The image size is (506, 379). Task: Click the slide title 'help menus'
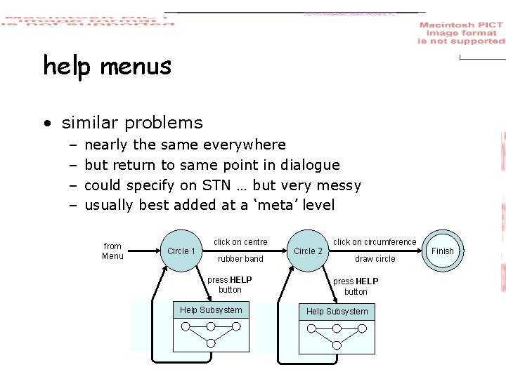coord(107,66)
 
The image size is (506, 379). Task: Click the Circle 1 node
coord(181,251)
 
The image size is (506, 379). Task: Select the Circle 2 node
coord(308,251)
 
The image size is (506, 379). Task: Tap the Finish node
coord(443,251)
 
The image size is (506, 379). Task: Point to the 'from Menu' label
coord(112,251)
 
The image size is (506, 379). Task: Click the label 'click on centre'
coord(240,242)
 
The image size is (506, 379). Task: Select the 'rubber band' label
coord(240,259)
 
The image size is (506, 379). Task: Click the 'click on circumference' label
coord(375,242)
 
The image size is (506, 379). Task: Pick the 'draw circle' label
coord(375,259)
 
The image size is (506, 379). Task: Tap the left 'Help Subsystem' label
coord(211,310)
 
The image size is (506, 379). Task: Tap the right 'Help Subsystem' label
coord(337,312)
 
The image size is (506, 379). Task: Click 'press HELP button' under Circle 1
coord(230,284)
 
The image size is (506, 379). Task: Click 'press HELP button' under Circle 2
coord(356,286)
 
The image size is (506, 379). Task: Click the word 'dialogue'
coord(310,165)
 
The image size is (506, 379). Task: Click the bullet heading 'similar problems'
coord(132,123)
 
